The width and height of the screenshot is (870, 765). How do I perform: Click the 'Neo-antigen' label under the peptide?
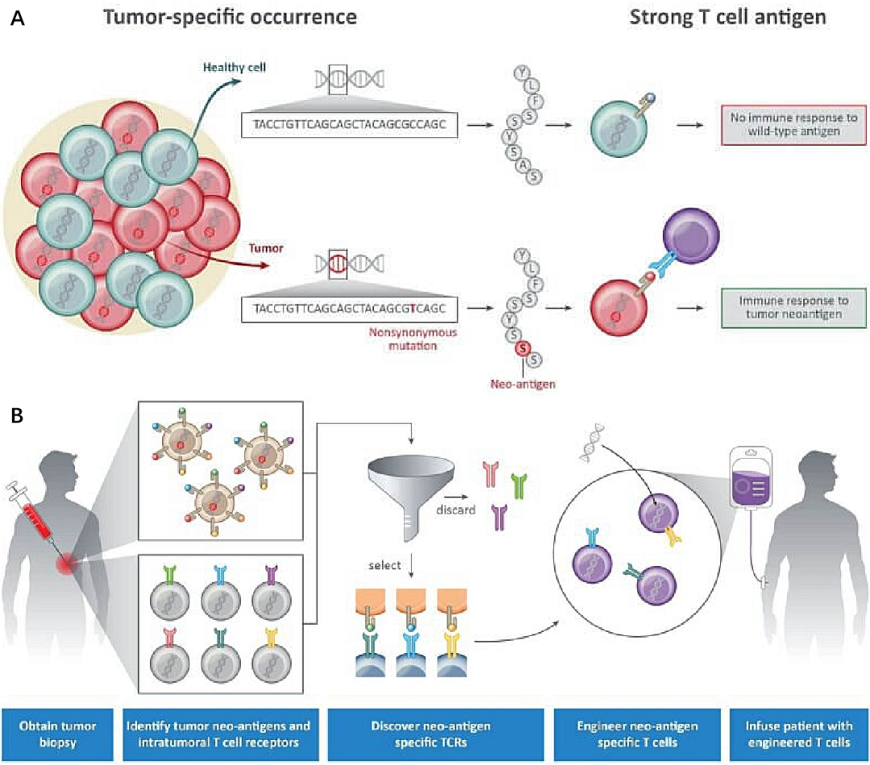523,385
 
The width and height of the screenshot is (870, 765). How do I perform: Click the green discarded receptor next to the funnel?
517,486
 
